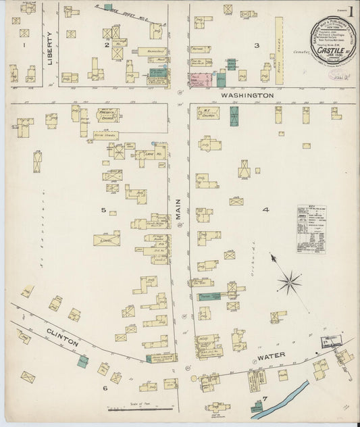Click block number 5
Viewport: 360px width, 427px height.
click(104, 210)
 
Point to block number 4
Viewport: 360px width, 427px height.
click(265, 210)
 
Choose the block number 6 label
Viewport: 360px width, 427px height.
click(105, 388)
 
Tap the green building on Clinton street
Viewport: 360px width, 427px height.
click(82, 361)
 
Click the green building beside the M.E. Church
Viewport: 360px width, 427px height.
click(234, 116)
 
